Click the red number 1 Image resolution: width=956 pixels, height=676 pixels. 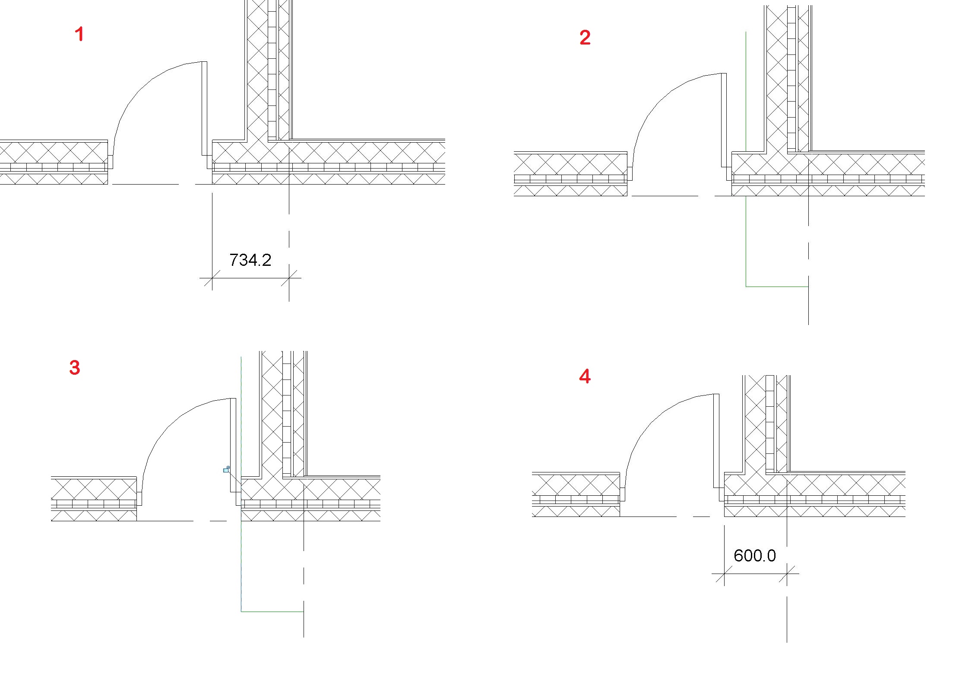tap(79, 34)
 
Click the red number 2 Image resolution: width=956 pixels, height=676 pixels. tap(585, 38)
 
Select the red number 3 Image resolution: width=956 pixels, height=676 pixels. tap(75, 367)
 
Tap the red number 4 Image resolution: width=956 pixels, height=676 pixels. tap(585, 376)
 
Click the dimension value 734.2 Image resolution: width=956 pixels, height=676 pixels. tap(250, 260)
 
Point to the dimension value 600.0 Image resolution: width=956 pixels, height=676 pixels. tap(755, 556)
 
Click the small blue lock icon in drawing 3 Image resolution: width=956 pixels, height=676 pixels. tap(226, 469)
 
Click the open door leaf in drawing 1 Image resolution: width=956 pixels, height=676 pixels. tap(205, 108)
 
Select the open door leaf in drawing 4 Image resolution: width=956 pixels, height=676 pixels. tap(716, 440)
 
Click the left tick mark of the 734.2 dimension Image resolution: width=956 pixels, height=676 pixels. tap(212, 278)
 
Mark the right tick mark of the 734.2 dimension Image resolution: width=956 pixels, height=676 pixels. tap(289, 278)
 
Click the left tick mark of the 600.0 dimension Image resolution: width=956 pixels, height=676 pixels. tap(724, 574)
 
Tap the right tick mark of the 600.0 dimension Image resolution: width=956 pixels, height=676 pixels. tap(787, 574)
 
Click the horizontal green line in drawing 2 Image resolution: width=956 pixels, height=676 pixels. tap(777, 287)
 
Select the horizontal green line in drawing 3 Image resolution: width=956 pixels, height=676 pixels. tap(272, 612)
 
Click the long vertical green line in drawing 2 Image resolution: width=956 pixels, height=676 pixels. tap(746, 159)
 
